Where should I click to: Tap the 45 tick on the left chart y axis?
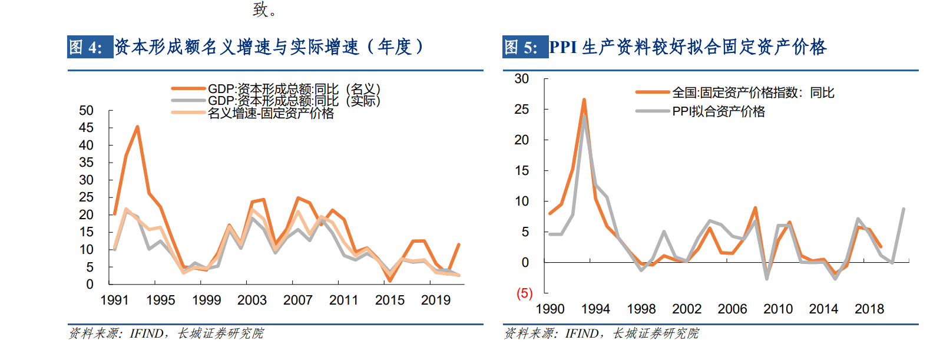[86, 128]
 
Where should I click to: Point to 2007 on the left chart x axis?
[297, 300]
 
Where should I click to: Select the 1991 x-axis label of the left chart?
[114, 300]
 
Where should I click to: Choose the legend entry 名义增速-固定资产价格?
[270, 113]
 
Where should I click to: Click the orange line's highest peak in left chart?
[137, 127]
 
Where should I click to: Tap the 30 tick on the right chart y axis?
[521, 79]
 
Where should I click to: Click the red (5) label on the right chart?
[524, 293]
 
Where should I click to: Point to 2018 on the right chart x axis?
[869, 309]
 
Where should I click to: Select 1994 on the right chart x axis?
[595, 309]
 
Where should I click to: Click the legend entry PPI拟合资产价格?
[719, 111]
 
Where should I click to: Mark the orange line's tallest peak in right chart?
[584, 100]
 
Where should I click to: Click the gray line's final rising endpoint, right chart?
[903, 209]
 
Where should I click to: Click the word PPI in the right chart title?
[562, 47]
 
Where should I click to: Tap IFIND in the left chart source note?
[146, 333]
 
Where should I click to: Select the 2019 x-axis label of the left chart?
[435, 300]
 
